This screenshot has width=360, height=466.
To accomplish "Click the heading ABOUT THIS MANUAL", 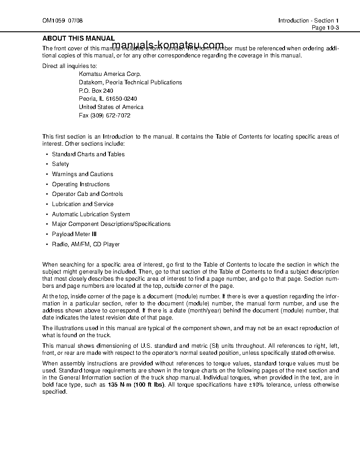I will [x=79, y=38].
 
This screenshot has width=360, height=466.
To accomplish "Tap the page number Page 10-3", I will [x=325, y=27].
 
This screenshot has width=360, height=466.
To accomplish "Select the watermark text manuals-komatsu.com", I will [x=168, y=45].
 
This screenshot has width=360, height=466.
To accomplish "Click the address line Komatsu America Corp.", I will [x=110, y=74].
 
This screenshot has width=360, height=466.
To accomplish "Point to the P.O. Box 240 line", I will [x=96, y=90].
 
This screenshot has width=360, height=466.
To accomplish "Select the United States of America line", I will [x=111, y=107].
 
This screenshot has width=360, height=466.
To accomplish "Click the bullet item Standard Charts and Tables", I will [x=88, y=154].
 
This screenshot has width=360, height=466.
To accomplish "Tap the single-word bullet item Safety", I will [x=60, y=164].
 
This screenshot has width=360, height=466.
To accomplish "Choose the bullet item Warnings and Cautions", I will [x=82, y=174].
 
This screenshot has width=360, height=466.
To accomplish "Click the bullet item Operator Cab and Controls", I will [x=87, y=194].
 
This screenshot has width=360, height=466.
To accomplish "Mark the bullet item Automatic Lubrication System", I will [x=91, y=214].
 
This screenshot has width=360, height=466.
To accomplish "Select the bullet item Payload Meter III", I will [x=74, y=234].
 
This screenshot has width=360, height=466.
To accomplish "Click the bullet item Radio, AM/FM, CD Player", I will [x=86, y=244].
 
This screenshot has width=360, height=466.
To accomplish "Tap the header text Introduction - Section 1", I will [x=308, y=21].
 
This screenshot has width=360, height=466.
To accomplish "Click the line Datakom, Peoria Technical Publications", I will [x=130, y=83].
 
